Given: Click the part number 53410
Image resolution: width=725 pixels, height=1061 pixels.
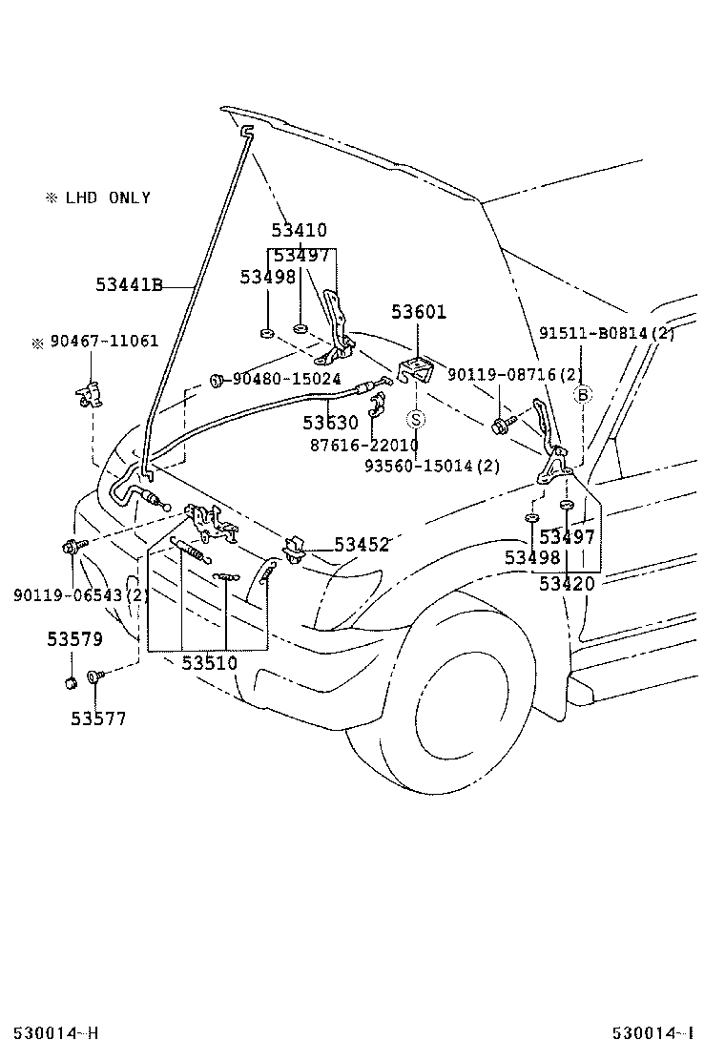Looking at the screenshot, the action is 299,230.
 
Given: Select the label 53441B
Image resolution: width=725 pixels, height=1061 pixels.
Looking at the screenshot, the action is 129,285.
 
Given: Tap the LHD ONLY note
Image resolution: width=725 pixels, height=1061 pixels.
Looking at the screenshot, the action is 98,198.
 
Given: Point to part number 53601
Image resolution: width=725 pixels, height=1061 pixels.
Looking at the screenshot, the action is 419,312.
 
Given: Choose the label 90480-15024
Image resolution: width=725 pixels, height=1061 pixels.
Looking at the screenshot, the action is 287,379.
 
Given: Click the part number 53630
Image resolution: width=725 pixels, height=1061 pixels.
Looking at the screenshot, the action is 330,423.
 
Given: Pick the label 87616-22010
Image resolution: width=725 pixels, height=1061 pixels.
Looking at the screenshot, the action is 363,446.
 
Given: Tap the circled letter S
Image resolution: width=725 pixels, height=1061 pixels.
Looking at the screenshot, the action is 417,420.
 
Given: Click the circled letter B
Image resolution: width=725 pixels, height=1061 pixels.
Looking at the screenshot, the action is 583,394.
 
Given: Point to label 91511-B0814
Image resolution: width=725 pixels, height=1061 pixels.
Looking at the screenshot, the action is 607,333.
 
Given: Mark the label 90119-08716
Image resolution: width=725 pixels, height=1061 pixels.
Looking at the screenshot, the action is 515,374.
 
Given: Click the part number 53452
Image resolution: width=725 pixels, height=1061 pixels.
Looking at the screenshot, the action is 362,545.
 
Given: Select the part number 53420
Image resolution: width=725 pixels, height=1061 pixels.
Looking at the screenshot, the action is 567,583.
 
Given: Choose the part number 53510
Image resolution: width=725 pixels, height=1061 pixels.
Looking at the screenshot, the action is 210,663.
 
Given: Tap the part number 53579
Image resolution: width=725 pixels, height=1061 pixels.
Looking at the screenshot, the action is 75,638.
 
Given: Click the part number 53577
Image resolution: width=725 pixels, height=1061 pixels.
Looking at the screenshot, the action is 99,718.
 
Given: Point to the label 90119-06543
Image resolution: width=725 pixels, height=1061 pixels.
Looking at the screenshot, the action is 81,595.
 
